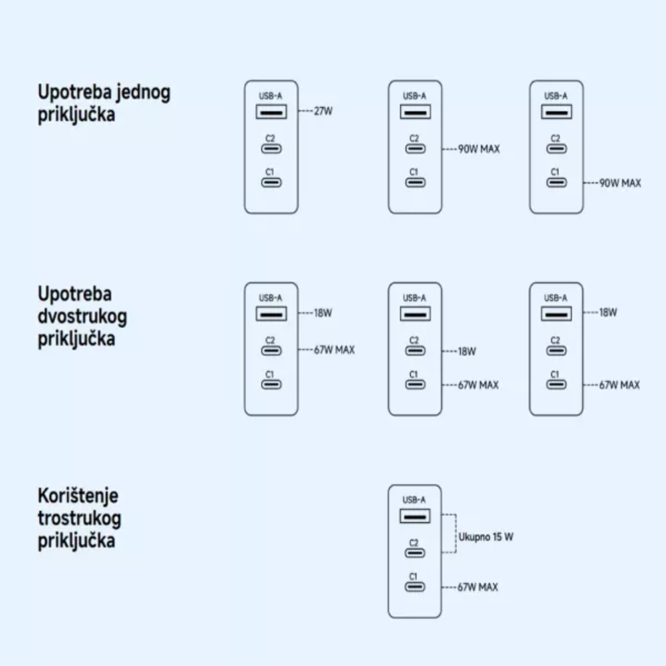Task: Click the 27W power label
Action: (x=323, y=111)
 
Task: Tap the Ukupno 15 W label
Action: (x=486, y=537)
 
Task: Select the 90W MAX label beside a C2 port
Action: (x=479, y=149)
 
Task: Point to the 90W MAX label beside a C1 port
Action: (x=620, y=183)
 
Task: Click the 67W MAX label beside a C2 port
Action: (x=334, y=350)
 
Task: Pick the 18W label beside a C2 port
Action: (x=468, y=351)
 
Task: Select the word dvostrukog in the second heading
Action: (x=83, y=317)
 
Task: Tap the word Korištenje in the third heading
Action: (x=78, y=496)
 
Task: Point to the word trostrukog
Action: (x=79, y=519)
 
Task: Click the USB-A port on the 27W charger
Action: (x=271, y=112)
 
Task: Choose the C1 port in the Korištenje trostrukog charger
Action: (x=415, y=587)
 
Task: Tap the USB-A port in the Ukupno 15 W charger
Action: (x=415, y=516)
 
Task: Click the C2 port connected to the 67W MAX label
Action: (x=271, y=351)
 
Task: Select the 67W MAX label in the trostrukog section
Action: (x=478, y=587)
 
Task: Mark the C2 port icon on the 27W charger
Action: (x=271, y=149)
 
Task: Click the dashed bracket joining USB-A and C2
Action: (x=456, y=533)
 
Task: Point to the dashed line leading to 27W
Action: (x=306, y=111)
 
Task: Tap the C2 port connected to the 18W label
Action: (x=415, y=351)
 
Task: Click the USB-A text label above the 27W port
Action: (x=270, y=96)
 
